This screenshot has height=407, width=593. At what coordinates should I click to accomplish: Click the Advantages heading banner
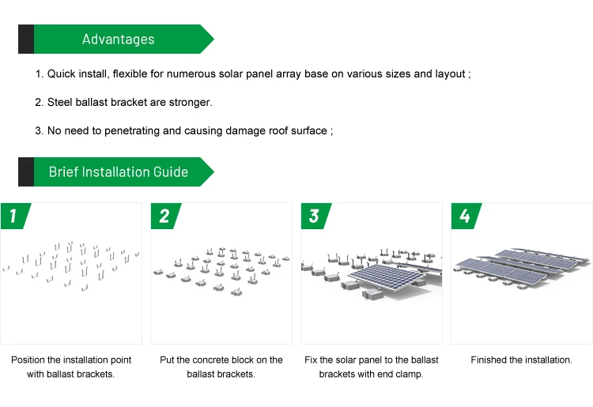click(119, 39)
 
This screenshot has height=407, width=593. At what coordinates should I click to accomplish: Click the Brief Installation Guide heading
click(119, 171)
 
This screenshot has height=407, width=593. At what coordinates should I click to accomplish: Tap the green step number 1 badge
click(13, 216)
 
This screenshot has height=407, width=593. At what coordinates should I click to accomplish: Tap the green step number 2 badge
click(164, 216)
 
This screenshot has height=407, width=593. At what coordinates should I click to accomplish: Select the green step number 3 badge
click(314, 216)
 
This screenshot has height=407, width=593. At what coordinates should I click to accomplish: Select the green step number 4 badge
click(464, 216)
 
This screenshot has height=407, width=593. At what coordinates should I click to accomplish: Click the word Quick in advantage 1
click(62, 74)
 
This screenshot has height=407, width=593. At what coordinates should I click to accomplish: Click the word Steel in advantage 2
click(60, 103)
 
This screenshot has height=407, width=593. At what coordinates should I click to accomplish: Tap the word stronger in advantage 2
click(191, 103)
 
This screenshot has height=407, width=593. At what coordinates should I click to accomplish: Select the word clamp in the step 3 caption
click(409, 375)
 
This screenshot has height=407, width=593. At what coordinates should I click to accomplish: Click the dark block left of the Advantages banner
click(25, 39)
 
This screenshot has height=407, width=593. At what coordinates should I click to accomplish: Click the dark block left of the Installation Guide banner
click(25, 171)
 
